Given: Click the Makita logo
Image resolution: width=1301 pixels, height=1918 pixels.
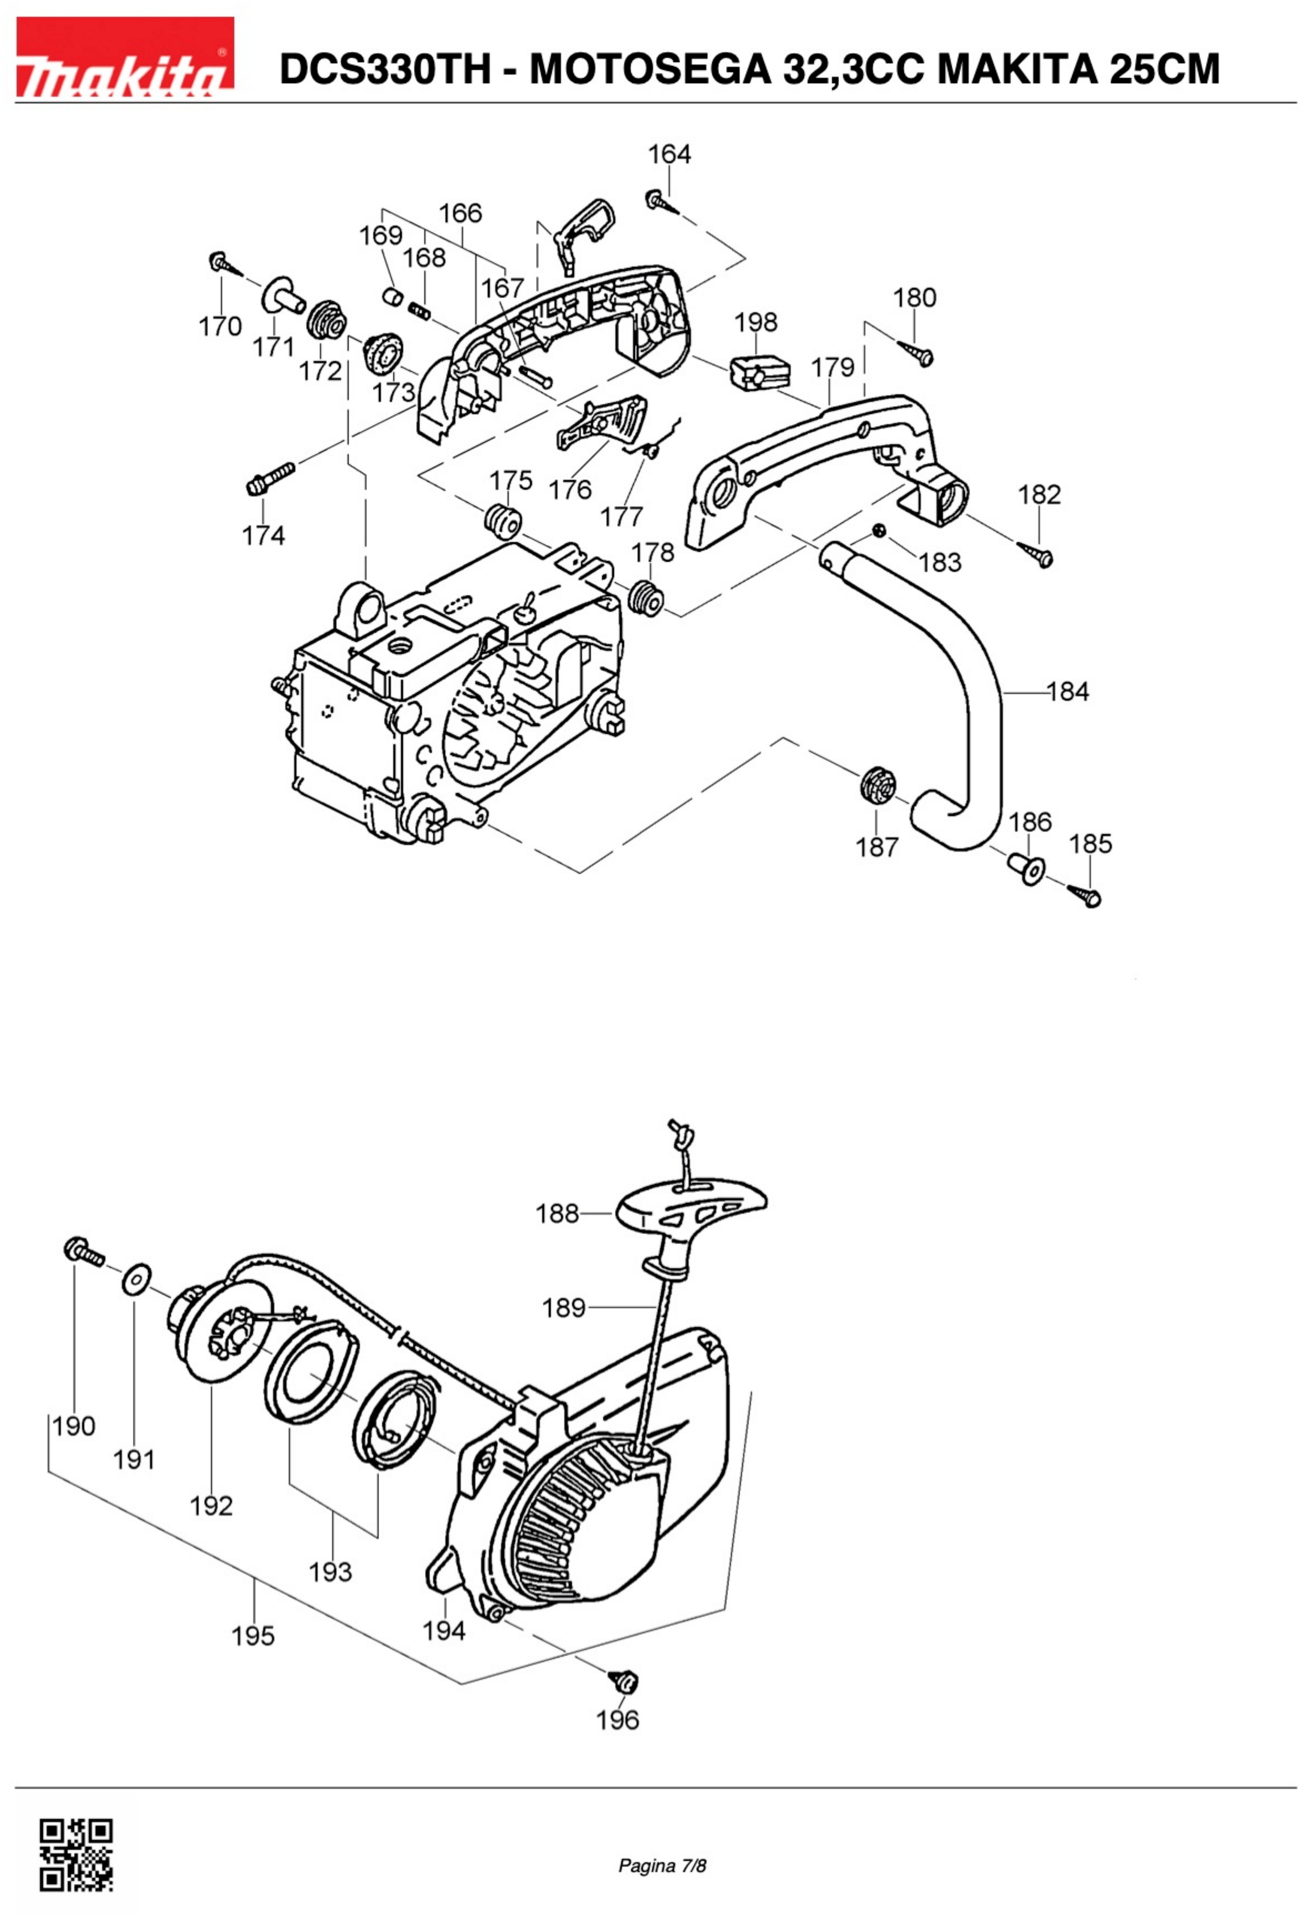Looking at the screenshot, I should click(125, 58).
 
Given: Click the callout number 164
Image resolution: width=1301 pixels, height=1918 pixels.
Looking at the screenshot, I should click(669, 154).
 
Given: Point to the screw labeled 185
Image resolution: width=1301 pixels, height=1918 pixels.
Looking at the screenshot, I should click(1085, 895).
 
